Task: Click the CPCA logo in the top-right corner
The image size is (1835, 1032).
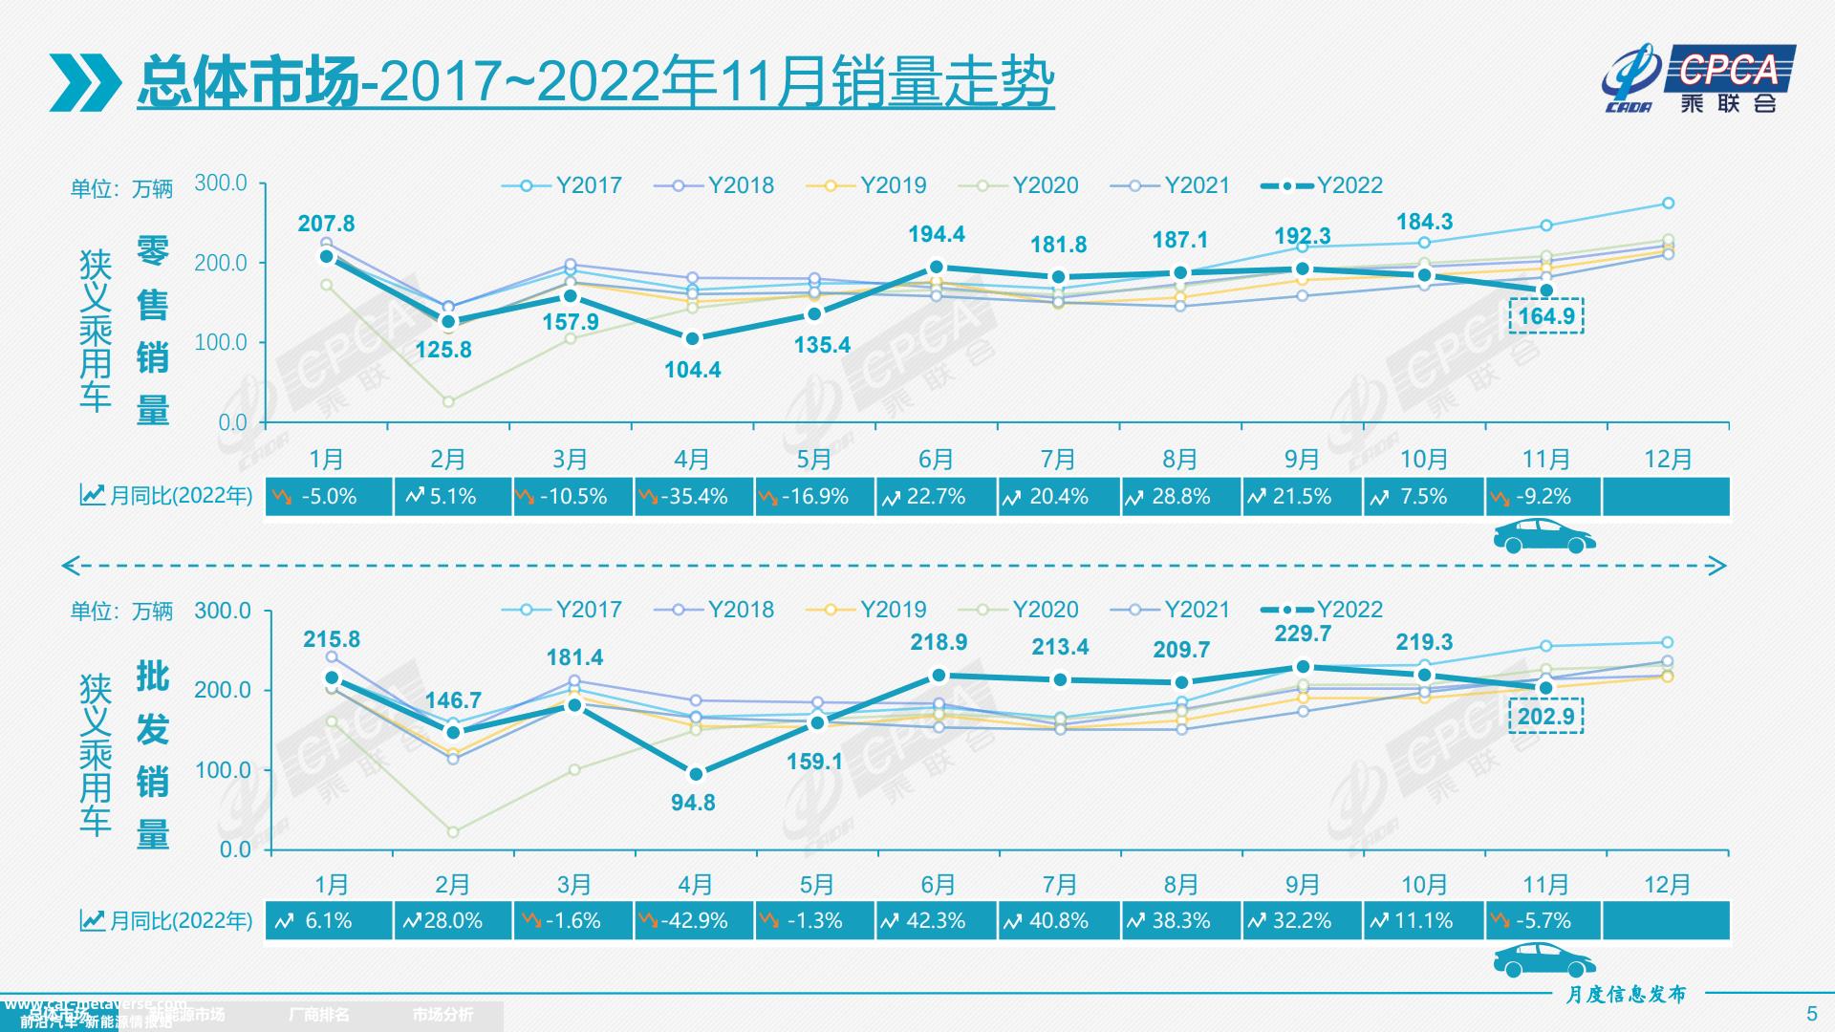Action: (x=1699, y=78)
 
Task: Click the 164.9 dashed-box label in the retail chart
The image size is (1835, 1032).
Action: (x=1545, y=316)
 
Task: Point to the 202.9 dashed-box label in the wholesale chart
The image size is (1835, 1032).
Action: (x=1545, y=717)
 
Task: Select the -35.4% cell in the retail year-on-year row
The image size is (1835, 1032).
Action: (x=694, y=497)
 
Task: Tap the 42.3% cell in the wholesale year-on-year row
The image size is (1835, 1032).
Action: (x=936, y=921)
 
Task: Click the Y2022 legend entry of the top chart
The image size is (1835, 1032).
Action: (x=1323, y=185)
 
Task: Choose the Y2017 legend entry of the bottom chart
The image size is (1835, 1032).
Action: (x=563, y=610)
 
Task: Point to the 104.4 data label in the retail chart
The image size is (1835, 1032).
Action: (x=693, y=370)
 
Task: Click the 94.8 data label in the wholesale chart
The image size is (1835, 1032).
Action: (x=693, y=803)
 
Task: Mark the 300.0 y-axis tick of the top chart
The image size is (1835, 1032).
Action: (x=221, y=183)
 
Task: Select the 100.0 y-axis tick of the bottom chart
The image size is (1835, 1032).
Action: (x=221, y=770)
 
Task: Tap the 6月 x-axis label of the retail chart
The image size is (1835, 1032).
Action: (x=936, y=460)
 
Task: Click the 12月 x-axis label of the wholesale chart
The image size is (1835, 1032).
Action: (x=1667, y=885)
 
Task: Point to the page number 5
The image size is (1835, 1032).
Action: (x=1812, y=1014)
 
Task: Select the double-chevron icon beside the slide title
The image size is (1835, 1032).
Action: (x=85, y=82)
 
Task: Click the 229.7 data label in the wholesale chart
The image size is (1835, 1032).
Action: (x=1302, y=634)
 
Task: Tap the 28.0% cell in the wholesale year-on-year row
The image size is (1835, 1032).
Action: (x=451, y=921)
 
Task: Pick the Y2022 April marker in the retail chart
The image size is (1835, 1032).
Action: (x=693, y=339)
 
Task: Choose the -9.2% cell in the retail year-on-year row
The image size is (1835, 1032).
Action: (x=1544, y=497)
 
